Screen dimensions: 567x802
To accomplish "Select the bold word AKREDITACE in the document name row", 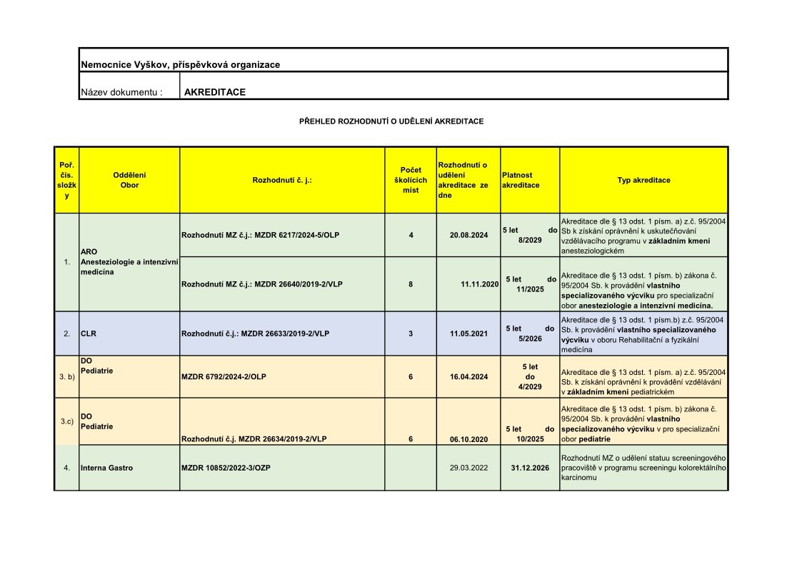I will click(x=215, y=92).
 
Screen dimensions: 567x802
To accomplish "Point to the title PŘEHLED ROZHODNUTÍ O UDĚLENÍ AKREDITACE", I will click(x=391, y=121).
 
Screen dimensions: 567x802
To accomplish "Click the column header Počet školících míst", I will click(x=411, y=180).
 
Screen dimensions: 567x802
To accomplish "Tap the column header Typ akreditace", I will click(x=643, y=180).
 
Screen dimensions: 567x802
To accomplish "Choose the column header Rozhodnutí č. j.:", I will click(x=282, y=180).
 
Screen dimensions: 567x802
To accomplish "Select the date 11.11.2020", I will click(x=479, y=283).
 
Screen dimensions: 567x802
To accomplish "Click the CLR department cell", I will click(x=89, y=333).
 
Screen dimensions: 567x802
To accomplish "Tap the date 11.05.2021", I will click(x=468, y=333).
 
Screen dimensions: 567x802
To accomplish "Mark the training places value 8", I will click(x=411, y=283).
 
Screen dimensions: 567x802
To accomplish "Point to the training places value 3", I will click(x=411, y=333).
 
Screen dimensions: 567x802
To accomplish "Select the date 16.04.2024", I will click(x=468, y=376).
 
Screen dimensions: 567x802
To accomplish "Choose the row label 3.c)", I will click(x=66, y=421).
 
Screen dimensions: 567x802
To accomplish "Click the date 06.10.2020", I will click(x=469, y=439).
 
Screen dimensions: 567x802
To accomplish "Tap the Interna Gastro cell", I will click(x=106, y=468).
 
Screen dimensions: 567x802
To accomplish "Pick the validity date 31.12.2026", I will click(x=529, y=468).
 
